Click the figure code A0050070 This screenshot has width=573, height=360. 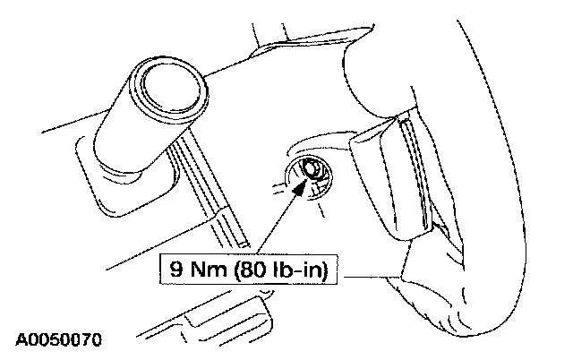coord(57,339)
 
